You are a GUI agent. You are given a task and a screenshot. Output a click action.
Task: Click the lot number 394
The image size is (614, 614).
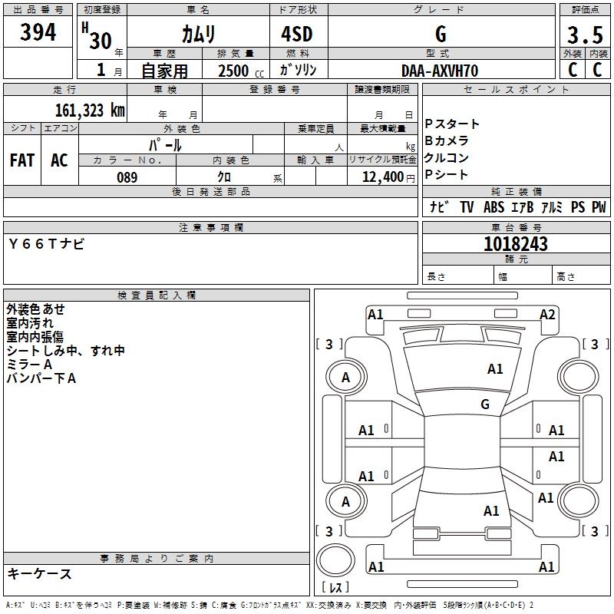point(38,33)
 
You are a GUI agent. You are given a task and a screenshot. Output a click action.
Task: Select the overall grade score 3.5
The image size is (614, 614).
point(584,35)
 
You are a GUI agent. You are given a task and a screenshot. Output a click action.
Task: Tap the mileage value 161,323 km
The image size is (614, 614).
point(89,110)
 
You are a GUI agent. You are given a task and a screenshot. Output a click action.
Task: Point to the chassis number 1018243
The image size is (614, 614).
point(516,244)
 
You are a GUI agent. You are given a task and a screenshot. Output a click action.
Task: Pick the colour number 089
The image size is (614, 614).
point(127,177)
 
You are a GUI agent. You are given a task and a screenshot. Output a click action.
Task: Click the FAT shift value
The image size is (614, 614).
point(22,160)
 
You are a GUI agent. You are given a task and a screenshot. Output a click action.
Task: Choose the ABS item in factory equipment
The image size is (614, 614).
point(494,207)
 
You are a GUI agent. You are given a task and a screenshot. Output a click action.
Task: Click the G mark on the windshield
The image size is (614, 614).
point(485,404)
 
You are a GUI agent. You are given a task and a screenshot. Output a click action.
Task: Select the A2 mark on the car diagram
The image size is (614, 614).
point(547,314)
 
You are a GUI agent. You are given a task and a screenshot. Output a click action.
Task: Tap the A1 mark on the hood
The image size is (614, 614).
point(495,369)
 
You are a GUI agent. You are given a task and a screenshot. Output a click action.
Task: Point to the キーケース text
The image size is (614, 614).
point(40,573)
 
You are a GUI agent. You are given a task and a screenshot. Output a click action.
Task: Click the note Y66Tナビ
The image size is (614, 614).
point(47,243)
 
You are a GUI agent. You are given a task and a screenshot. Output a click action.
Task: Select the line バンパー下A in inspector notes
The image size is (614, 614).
point(41,378)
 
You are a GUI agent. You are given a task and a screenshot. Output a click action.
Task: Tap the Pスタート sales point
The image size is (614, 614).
point(452,124)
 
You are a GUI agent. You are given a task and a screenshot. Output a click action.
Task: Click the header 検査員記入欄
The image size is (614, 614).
point(157,295)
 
